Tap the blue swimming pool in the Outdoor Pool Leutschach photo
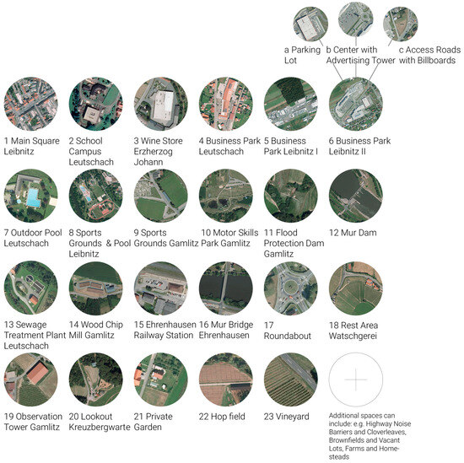(31, 198)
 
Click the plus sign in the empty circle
(355, 379)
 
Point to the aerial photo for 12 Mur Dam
(355, 195)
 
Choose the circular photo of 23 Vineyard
(290, 379)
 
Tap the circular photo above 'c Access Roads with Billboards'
(402, 24)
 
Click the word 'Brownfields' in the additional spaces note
(348, 439)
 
